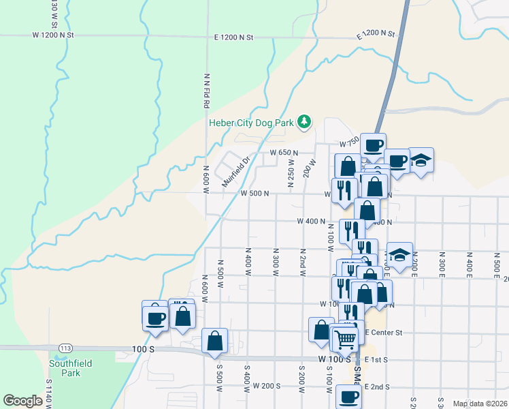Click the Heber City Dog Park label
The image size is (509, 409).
pos(251,123)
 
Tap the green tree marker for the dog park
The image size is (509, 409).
pos(305,123)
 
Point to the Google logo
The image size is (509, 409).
pos(22,401)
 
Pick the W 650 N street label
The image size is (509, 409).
pos(284,153)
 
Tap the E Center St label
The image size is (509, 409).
pos(384,333)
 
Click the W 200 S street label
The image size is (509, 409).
pos(267,386)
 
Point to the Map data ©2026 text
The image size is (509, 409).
pos(480,404)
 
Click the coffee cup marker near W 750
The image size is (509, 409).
pos(373,145)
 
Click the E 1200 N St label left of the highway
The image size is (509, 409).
pos(233,37)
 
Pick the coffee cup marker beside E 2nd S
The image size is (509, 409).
pos(348,396)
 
